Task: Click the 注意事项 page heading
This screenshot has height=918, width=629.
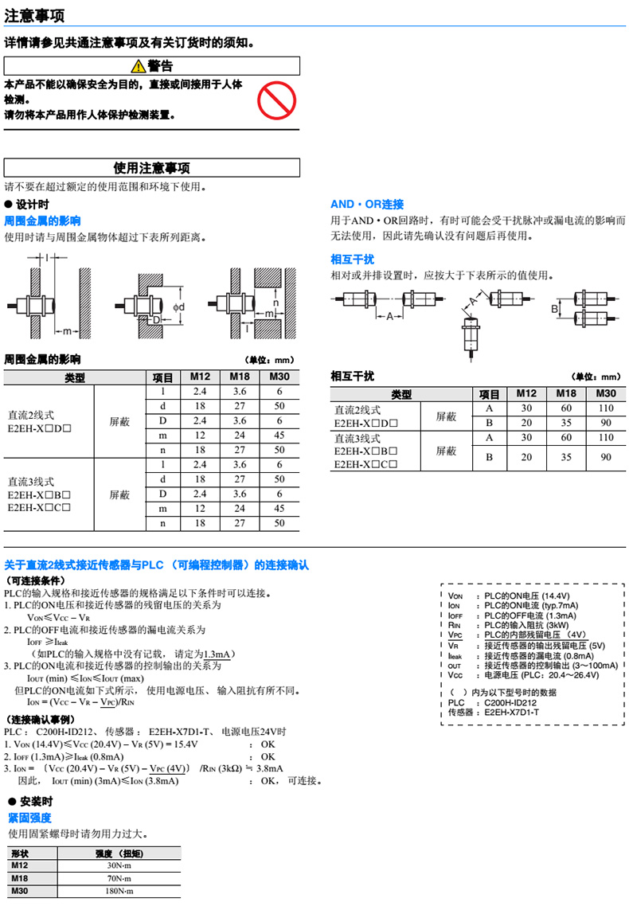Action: (x=35, y=15)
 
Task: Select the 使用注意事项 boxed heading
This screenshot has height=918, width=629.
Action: (x=152, y=168)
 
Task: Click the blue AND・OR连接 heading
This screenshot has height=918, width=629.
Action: (x=367, y=205)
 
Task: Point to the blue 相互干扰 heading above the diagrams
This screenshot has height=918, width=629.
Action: (x=352, y=260)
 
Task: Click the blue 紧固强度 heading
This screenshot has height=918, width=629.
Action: (x=29, y=818)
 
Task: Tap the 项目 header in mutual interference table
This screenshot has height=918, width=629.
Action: (x=489, y=394)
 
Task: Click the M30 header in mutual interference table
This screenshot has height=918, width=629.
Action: (x=606, y=394)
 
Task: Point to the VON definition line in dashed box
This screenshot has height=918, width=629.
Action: (x=518, y=596)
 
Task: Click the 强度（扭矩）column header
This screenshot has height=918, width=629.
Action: (x=119, y=853)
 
